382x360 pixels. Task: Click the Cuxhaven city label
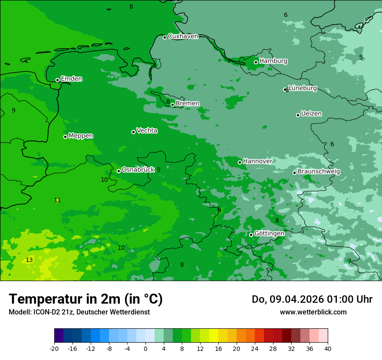pyautogui.click(x=183, y=36)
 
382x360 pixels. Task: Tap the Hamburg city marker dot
pyautogui.click(x=256, y=62)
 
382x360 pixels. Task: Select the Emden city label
pyautogui.click(x=71, y=79)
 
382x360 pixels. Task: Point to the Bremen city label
pyautogui.click(x=188, y=104)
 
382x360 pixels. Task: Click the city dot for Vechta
pyautogui.click(x=133, y=132)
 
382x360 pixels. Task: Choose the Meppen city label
pyautogui.click(x=81, y=136)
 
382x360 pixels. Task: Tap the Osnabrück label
pyautogui.click(x=138, y=170)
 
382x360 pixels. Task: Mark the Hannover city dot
pyautogui.click(x=240, y=162)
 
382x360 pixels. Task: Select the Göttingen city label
pyautogui.click(x=269, y=234)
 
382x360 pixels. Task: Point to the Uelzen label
pyautogui.click(x=311, y=114)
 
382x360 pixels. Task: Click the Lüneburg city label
pyautogui.click(x=303, y=88)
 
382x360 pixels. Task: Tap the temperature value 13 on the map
pyautogui.click(x=29, y=260)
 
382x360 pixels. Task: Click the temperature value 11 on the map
pyautogui.click(x=57, y=200)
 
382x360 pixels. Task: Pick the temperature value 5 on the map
pyautogui.click(x=361, y=58)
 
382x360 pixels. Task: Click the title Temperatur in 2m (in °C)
pyautogui.click(x=86, y=299)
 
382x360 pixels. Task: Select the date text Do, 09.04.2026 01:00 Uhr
pyautogui.click(x=312, y=299)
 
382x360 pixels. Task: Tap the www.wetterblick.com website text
pyautogui.click(x=313, y=312)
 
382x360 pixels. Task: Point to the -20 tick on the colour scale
pyautogui.click(x=54, y=349)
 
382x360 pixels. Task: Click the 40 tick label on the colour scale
pyautogui.click(x=328, y=349)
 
